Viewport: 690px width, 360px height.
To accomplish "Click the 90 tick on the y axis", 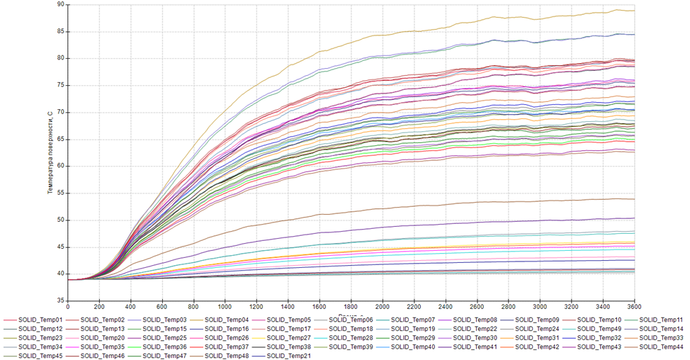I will click(x=60, y=5).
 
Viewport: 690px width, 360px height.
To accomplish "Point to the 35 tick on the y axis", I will click(x=60, y=301).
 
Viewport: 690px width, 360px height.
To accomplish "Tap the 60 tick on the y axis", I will click(x=60, y=167).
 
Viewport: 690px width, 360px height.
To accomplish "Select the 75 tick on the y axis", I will click(x=60, y=86).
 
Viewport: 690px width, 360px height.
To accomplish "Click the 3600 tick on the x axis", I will click(x=634, y=308).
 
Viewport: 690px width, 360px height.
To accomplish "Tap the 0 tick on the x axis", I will click(x=68, y=308).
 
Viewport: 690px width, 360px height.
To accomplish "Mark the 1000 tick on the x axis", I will click(x=225, y=308).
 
